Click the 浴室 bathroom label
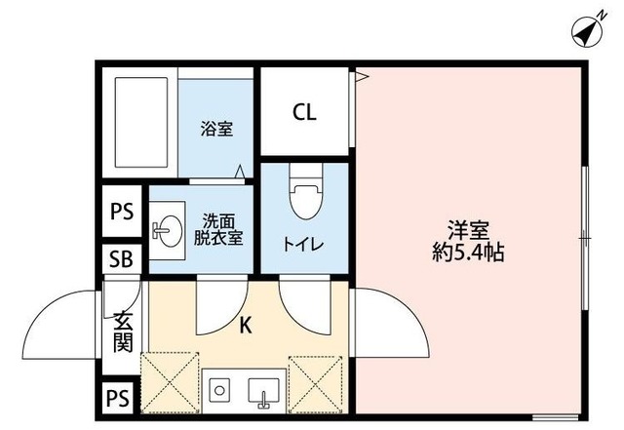(217, 129)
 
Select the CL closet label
(305, 112)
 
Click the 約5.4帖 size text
(469, 252)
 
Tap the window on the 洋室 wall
(583, 237)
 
